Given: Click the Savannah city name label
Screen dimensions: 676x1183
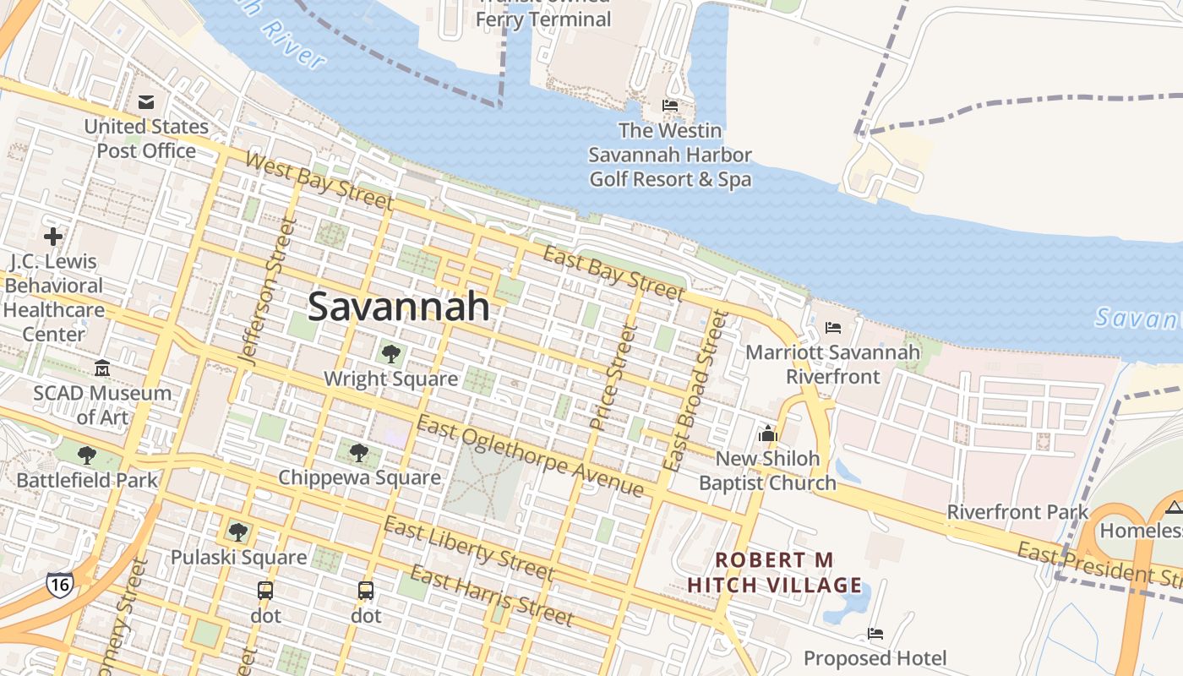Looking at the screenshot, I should pos(398,306).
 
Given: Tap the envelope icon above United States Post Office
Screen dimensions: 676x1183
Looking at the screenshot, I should pos(146,102).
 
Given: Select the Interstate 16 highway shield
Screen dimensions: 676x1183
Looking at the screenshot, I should pos(59,583).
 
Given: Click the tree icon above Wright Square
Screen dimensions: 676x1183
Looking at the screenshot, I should pos(390,354).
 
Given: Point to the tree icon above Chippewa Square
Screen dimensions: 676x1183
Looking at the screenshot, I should pos(359,453).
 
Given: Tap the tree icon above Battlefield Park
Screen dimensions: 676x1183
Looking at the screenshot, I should pos(86,455).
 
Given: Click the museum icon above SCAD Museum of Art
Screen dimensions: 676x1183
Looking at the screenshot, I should pos(102,368).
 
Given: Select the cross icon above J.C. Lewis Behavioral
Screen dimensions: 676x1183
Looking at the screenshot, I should pos(53,237).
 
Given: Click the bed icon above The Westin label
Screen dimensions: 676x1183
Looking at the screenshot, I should pos(670,106).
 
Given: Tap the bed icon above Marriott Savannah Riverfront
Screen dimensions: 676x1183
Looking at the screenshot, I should pos(833,327).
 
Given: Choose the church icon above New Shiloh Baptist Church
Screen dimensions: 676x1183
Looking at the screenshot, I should pos(767,433).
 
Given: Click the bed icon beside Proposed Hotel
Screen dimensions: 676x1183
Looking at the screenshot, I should pos(875,633).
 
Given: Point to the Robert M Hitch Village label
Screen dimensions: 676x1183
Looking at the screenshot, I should pos(774,572).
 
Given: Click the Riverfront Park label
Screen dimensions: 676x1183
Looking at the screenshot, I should pos(1017,511).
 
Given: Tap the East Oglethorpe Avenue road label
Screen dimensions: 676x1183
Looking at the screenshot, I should pos(530,456).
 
